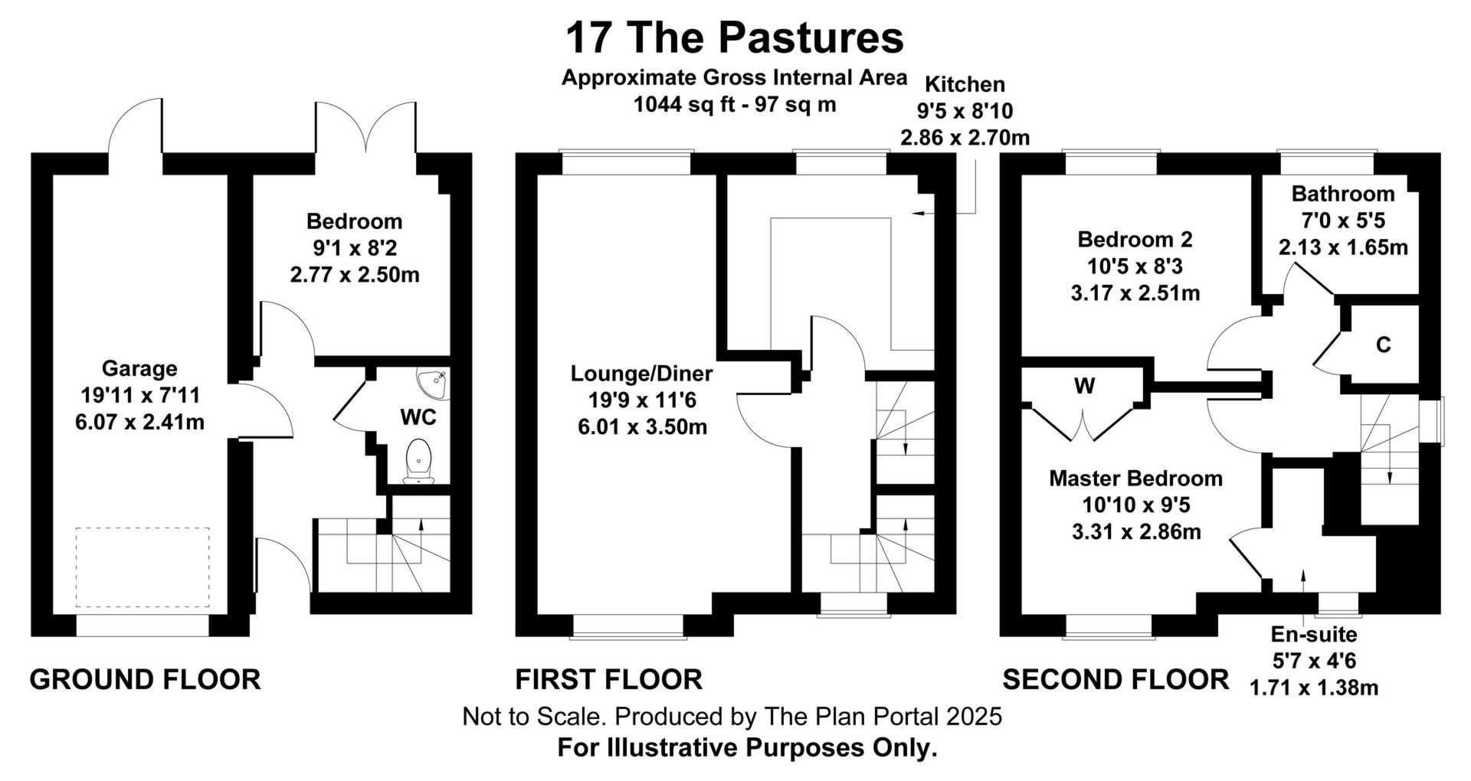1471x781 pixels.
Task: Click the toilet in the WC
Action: pos(418,461)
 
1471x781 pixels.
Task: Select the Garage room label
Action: pos(139,369)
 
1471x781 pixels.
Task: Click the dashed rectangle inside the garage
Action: pos(143,567)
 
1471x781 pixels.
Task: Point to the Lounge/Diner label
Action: pos(642,374)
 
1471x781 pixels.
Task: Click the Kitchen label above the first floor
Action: pos(965,84)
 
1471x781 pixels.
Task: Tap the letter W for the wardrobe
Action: pos(1084,386)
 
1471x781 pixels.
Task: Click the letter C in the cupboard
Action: pos(1383,345)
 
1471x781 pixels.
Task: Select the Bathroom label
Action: pos(1343,194)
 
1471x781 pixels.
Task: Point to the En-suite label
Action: pos(1314,634)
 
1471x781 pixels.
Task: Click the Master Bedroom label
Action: pos(1135,479)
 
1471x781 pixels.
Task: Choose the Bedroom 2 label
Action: pos(1135,240)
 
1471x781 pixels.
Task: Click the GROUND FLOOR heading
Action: pos(146,679)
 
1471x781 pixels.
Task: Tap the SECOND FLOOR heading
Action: pos(1116,679)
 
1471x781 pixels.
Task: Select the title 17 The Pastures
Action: pos(735,38)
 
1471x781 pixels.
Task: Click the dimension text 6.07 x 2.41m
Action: pos(140,422)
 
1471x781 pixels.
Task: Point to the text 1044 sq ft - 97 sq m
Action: pos(735,104)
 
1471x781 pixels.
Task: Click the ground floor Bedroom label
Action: pos(354,221)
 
